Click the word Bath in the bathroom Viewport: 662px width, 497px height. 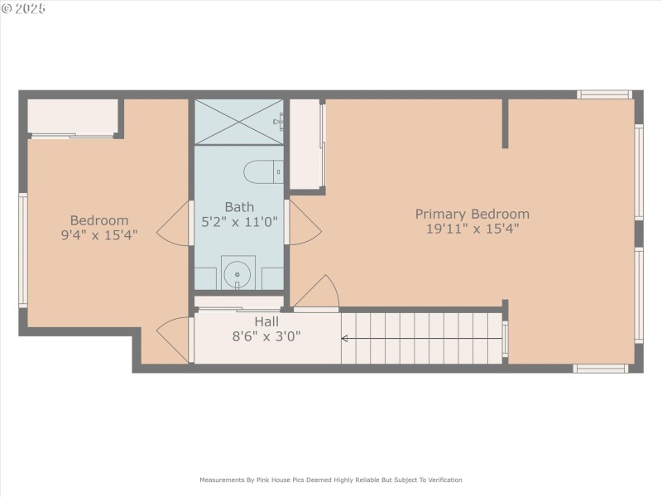pyautogui.click(x=239, y=207)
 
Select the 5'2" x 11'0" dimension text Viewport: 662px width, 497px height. pyautogui.click(x=239, y=222)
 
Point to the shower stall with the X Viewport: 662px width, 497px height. pyautogui.click(x=238, y=122)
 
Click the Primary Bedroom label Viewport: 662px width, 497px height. pyautogui.click(x=472, y=214)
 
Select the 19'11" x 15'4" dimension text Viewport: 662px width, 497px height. pyautogui.click(x=472, y=229)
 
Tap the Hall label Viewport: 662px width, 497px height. pyautogui.click(x=266, y=321)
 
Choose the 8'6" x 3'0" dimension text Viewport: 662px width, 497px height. pyautogui.click(x=266, y=336)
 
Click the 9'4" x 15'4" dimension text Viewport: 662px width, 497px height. pyautogui.click(x=99, y=235)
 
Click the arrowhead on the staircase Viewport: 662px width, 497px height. pyautogui.click(x=345, y=338)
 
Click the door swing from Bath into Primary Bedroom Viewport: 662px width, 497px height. pyautogui.click(x=304, y=222)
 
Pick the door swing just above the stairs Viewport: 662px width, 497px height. pyautogui.click(x=319, y=292)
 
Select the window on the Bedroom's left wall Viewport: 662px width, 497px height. pyautogui.click(x=23, y=250)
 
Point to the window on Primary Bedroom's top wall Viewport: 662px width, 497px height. pyautogui.click(x=604, y=94)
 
